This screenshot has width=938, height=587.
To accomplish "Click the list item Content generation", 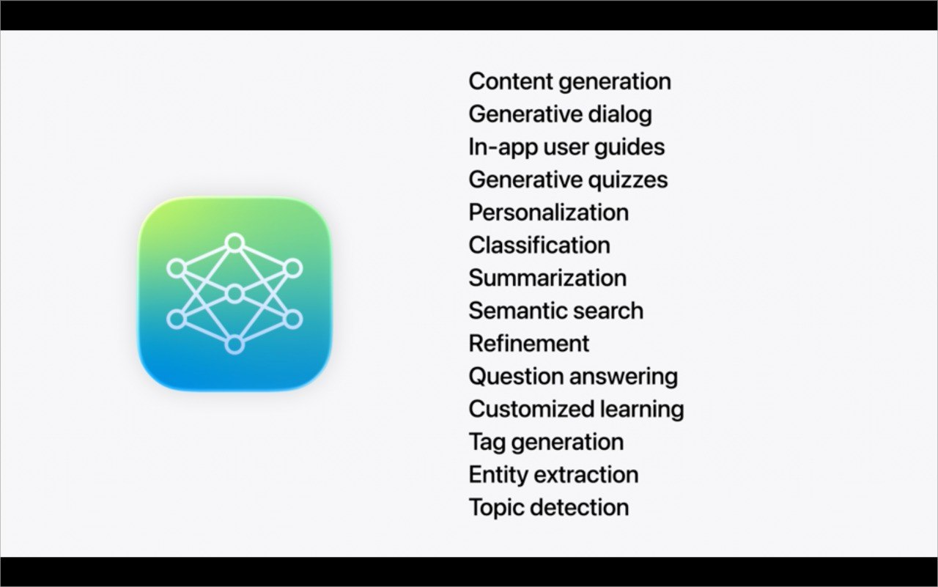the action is [569, 81].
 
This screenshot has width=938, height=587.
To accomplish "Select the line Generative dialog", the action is [561, 114].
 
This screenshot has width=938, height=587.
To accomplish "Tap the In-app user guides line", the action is [566, 147].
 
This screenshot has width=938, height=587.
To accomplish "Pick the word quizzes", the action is [628, 180].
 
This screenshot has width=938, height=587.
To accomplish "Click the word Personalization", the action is [549, 213].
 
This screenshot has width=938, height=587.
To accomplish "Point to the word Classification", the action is [539, 245].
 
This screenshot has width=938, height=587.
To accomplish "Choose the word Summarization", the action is [547, 278].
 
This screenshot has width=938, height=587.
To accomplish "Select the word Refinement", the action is [529, 343].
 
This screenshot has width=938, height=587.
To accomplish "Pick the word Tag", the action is [487, 443].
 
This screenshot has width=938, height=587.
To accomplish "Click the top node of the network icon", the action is [234, 243].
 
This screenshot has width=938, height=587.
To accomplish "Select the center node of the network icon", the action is [234, 294].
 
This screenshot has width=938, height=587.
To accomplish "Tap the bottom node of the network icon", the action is [234, 345].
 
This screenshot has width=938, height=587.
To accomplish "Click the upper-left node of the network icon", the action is [177, 268].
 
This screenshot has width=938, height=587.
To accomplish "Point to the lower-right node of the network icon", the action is [292, 320].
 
